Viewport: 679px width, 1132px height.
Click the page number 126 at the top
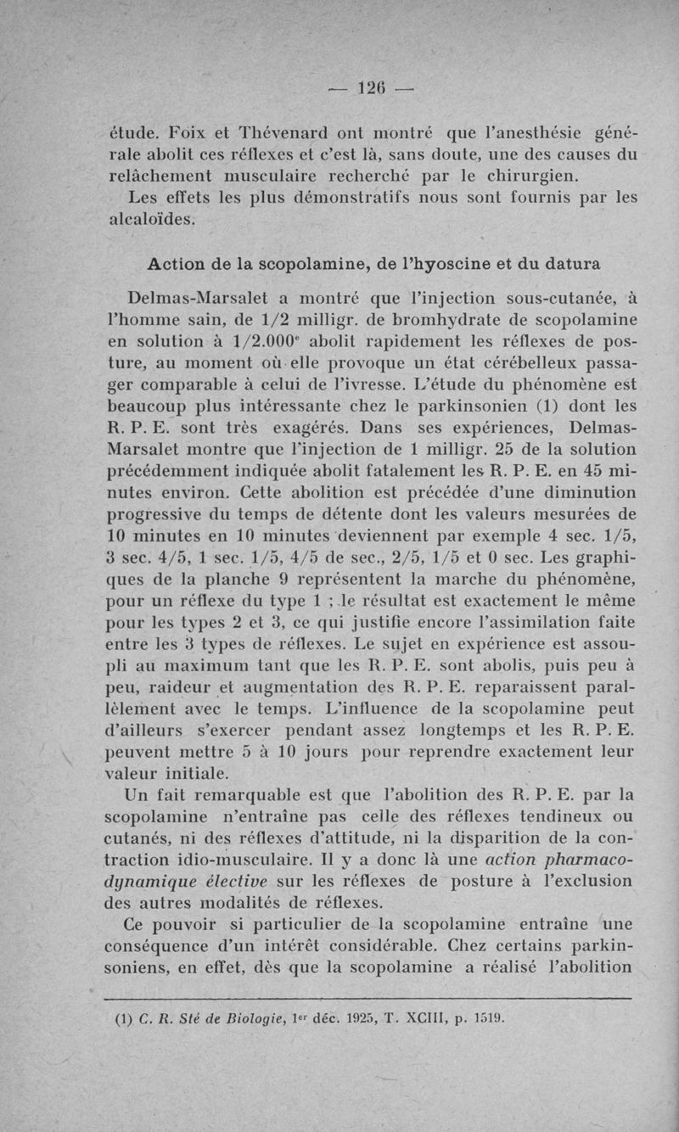point(371,87)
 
